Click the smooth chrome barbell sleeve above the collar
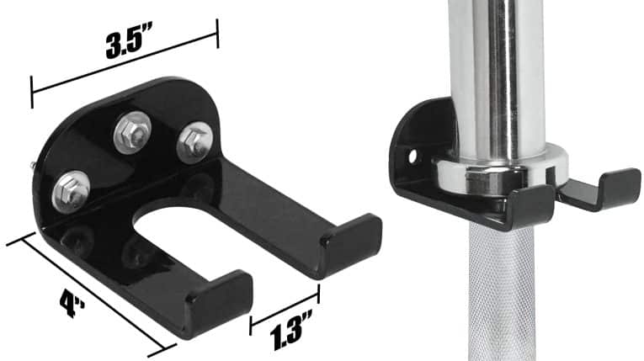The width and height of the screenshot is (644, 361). pyautogui.click(x=496, y=76)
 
